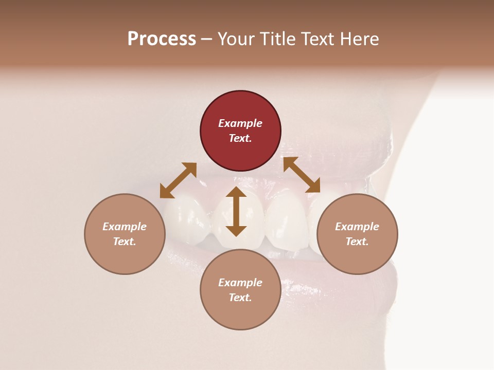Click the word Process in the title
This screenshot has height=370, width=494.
pos(162,39)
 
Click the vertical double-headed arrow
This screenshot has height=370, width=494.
pos(236,211)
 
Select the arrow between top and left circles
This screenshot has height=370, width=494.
pos(178,180)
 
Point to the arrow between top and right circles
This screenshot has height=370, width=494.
pos(302,175)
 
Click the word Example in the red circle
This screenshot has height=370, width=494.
pos(240,123)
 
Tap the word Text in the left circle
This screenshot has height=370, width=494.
pos(125,242)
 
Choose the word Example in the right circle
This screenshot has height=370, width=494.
pos(357,227)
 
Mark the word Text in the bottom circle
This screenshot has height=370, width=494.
pos(240,298)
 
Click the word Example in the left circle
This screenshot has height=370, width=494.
pos(125,227)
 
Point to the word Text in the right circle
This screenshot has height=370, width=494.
pos(357,242)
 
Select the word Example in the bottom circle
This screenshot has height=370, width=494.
pos(240,283)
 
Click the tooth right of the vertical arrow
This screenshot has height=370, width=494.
pos(286,221)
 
